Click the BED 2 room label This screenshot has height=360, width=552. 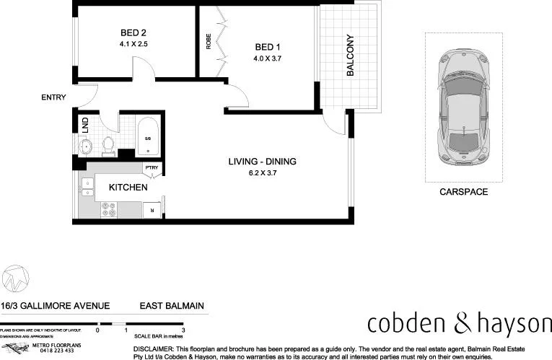(133, 32)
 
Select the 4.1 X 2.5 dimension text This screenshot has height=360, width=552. (133, 44)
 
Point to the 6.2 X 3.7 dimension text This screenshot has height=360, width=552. (262, 173)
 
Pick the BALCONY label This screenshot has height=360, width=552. (350, 56)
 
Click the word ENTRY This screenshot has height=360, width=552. (54, 97)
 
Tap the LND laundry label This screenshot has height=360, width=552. (85, 123)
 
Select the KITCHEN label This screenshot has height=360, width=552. (128, 188)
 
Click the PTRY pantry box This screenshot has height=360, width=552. (152, 168)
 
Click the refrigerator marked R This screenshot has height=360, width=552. (152, 209)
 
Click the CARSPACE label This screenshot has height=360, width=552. (464, 192)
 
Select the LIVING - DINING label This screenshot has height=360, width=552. (262, 162)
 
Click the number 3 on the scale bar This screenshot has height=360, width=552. (184, 330)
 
